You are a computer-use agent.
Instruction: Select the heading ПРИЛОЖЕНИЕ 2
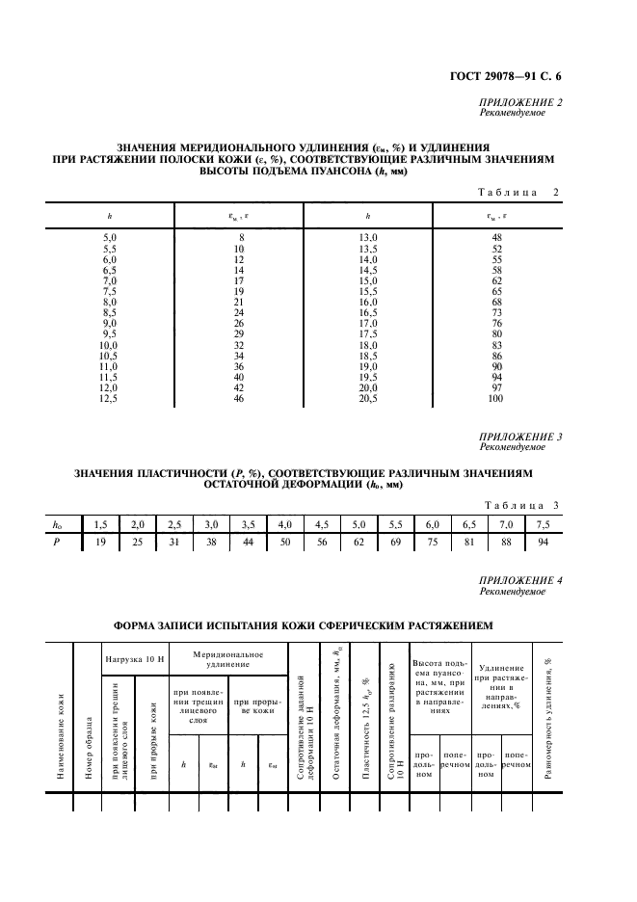(x=521, y=102)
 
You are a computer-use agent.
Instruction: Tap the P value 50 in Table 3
(x=285, y=543)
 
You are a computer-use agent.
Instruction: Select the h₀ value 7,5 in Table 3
(x=543, y=524)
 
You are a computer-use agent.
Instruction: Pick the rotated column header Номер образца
(x=89, y=746)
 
